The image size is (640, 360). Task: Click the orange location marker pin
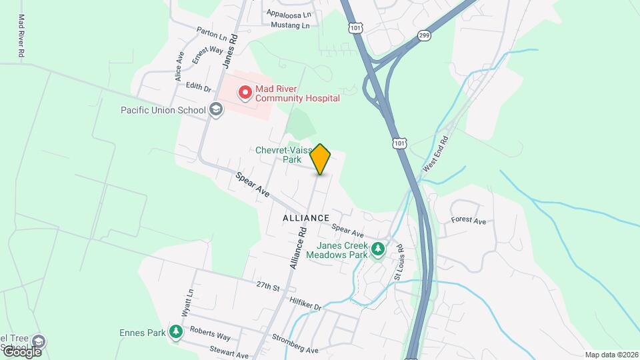pos(321,159)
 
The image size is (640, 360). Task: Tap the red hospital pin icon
pos(245,93)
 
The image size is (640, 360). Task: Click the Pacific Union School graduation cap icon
pos(215,109)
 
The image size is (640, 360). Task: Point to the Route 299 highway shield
pos(424,35)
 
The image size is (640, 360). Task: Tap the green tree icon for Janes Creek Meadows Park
pos(379,249)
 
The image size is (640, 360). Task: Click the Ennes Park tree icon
pos(175,331)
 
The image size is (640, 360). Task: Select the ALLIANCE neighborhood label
pos(306,218)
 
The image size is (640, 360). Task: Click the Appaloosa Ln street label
pos(289,14)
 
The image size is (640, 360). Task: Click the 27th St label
pos(267,287)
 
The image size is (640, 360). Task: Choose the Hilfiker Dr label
pos(305,303)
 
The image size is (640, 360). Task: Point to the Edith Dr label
pos(198,87)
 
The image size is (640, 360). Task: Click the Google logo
pos(21,351)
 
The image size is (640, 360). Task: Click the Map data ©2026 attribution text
pos(611,355)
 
